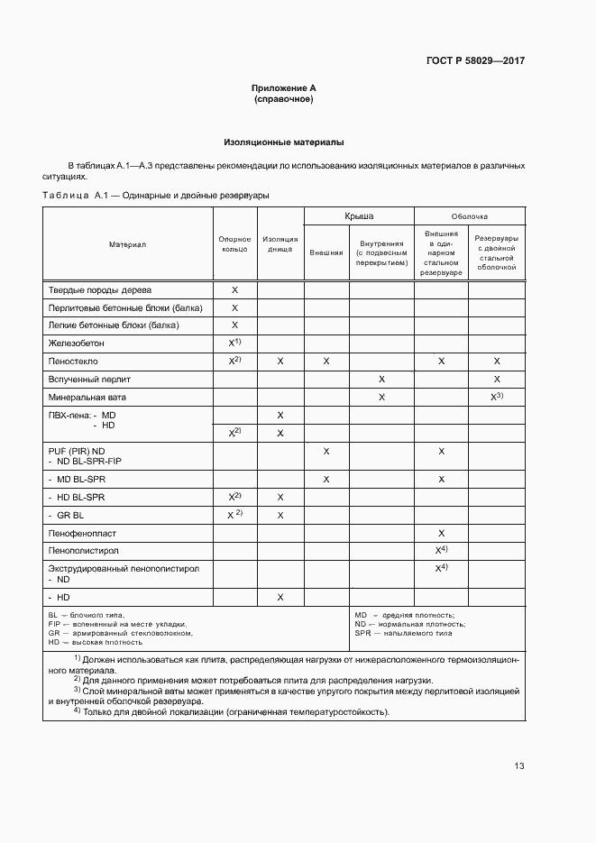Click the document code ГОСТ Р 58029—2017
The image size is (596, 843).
tap(474, 61)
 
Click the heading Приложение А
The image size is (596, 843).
tap(283, 88)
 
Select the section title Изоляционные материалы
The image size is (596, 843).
tap(283, 142)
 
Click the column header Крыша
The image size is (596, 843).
tap(359, 216)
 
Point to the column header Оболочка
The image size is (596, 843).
tap(469, 216)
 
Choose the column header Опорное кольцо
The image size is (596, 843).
tap(234, 243)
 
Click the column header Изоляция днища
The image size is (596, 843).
tap(280, 243)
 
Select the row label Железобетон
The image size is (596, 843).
tap(76, 344)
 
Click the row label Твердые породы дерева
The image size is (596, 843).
tap(99, 290)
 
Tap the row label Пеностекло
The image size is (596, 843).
tap(73, 361)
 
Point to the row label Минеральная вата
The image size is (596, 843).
tap(87, 397)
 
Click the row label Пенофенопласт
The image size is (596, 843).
tap(84, 534)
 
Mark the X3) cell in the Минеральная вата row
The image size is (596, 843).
tap(496, 397)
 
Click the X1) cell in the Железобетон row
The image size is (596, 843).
tap(234, 344)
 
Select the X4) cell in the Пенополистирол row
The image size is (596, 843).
tap(441, 550)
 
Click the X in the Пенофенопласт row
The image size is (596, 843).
tap(441, 534)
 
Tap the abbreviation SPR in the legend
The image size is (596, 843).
tap(362, 633)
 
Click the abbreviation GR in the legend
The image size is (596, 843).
tap(53, 633)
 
